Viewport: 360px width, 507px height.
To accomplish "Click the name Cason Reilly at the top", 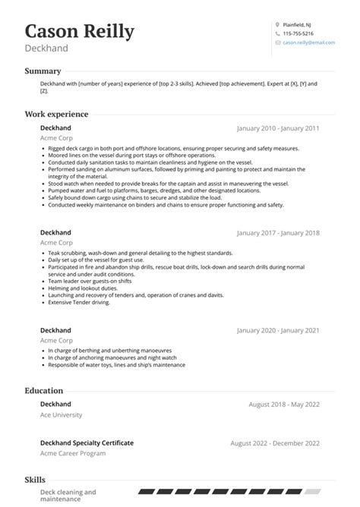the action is point(80,31).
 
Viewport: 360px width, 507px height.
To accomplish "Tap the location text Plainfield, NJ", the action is point(297,25).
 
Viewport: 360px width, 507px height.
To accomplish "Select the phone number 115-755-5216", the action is point(299,34).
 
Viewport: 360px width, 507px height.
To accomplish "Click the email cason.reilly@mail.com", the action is point(308,43).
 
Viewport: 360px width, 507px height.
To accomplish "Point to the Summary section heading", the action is point(43,71).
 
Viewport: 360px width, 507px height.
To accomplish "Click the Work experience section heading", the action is point(56,114).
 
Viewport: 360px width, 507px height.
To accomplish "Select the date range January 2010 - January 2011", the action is point(278,128).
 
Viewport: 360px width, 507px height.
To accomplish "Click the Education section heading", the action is point(44,390).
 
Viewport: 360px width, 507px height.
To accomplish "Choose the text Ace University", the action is point(61,415).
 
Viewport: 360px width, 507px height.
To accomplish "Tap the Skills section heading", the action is point(35,480).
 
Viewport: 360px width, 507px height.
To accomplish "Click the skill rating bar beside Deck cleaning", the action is point(229,493).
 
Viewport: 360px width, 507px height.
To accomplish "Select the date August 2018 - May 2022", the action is point(284,404).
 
